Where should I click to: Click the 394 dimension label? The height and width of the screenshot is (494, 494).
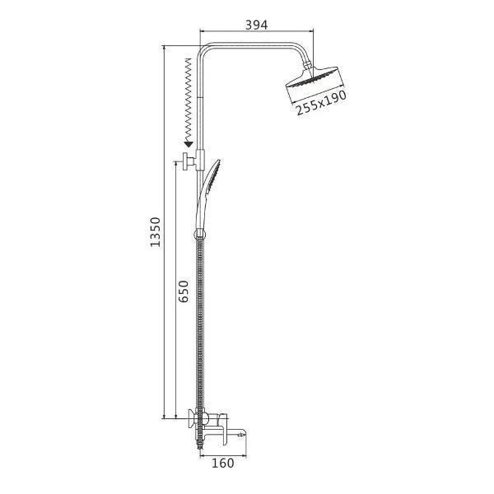pyautogui.click(x=256, y=25)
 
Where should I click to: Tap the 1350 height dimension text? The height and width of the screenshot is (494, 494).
pyautogui.click(x=156, y=232)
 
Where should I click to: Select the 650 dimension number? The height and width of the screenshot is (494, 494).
pyautogui.click(x=184, y=291)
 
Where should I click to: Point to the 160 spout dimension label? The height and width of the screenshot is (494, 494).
pyautogui.click(x=223, y=463)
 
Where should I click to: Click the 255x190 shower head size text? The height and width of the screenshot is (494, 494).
pyautogui.click(x=321, y=103)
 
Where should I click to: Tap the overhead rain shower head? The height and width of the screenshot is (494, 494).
pyautogui.click(x=315, y=77)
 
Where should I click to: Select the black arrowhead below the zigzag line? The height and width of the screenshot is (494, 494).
pyautogui.click(x=189, y=145)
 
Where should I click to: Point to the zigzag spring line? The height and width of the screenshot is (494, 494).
pyautogui.click(x=188, y=100)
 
